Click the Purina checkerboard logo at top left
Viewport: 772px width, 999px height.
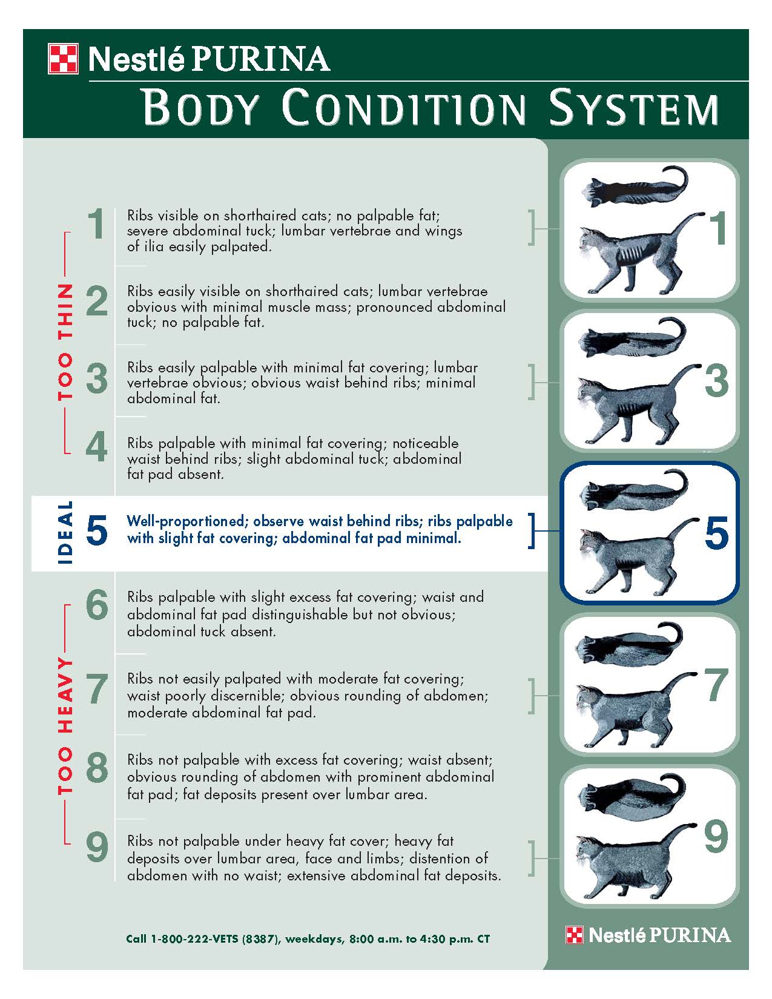coord(63,59)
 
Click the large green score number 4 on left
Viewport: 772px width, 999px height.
coord(97,447)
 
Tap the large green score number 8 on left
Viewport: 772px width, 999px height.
coord(97,768)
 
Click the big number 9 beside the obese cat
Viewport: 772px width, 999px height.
coord(716,837)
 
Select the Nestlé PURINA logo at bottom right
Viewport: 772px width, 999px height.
coord(648,935)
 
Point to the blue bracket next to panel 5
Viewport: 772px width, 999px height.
coord(532,531)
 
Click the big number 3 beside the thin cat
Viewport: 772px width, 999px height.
coord(716,381)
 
